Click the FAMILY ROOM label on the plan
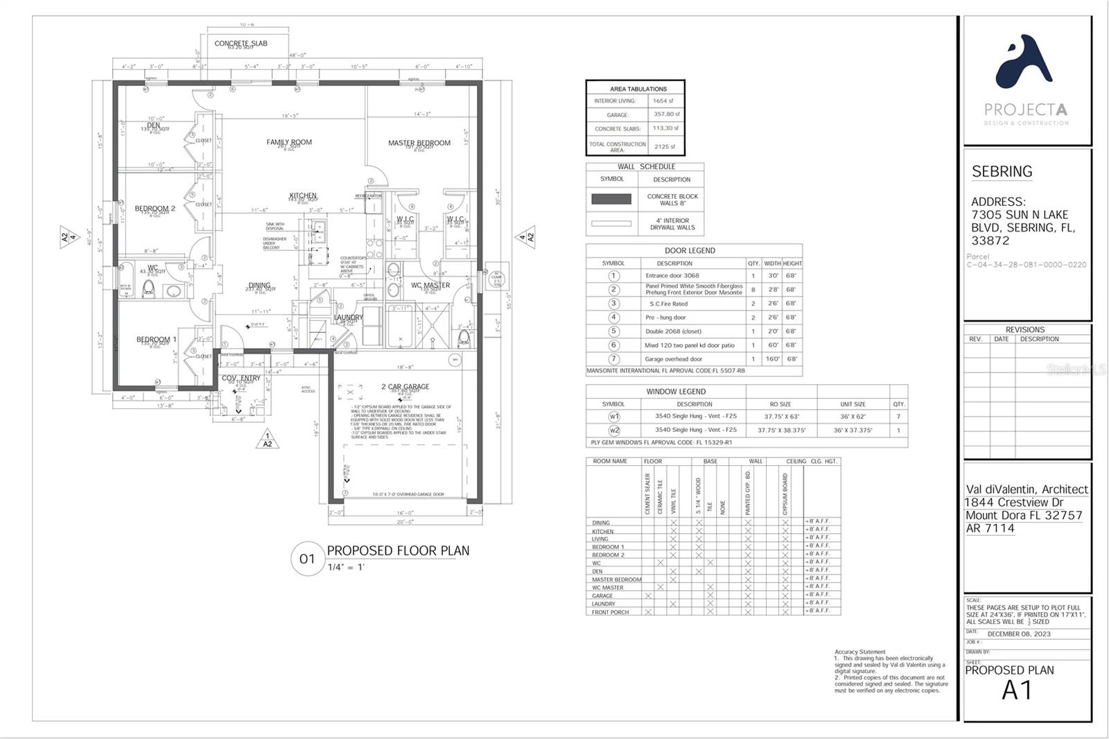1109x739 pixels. tap(289, 142)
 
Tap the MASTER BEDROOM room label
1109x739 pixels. tap(419, 143)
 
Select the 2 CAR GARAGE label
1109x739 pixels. tap(405, 387)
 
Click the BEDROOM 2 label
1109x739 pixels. tap(155, 208)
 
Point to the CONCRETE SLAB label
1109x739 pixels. tap(241, 43)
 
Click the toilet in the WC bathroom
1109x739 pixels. tap(148, 288)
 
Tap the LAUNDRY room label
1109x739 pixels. tap(348, 318)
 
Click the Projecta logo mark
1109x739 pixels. tap(1024, 63)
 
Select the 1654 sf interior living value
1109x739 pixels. tap(663, 101)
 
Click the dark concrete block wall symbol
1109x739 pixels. tap(611, 199)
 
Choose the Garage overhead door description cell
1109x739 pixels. tap(673, 359)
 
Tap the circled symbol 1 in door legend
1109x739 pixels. tap(613, 275)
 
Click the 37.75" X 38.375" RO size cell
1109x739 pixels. tap(780, 430)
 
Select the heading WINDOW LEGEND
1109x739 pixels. tap(666, 392)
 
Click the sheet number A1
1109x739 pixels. tap(1017, 690)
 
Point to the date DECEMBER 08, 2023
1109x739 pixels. tap(1018, 634)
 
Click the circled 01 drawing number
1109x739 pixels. tap(307, 559)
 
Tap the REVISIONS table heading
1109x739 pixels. tap(1024, 330)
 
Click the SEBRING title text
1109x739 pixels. tap(1002, 171)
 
